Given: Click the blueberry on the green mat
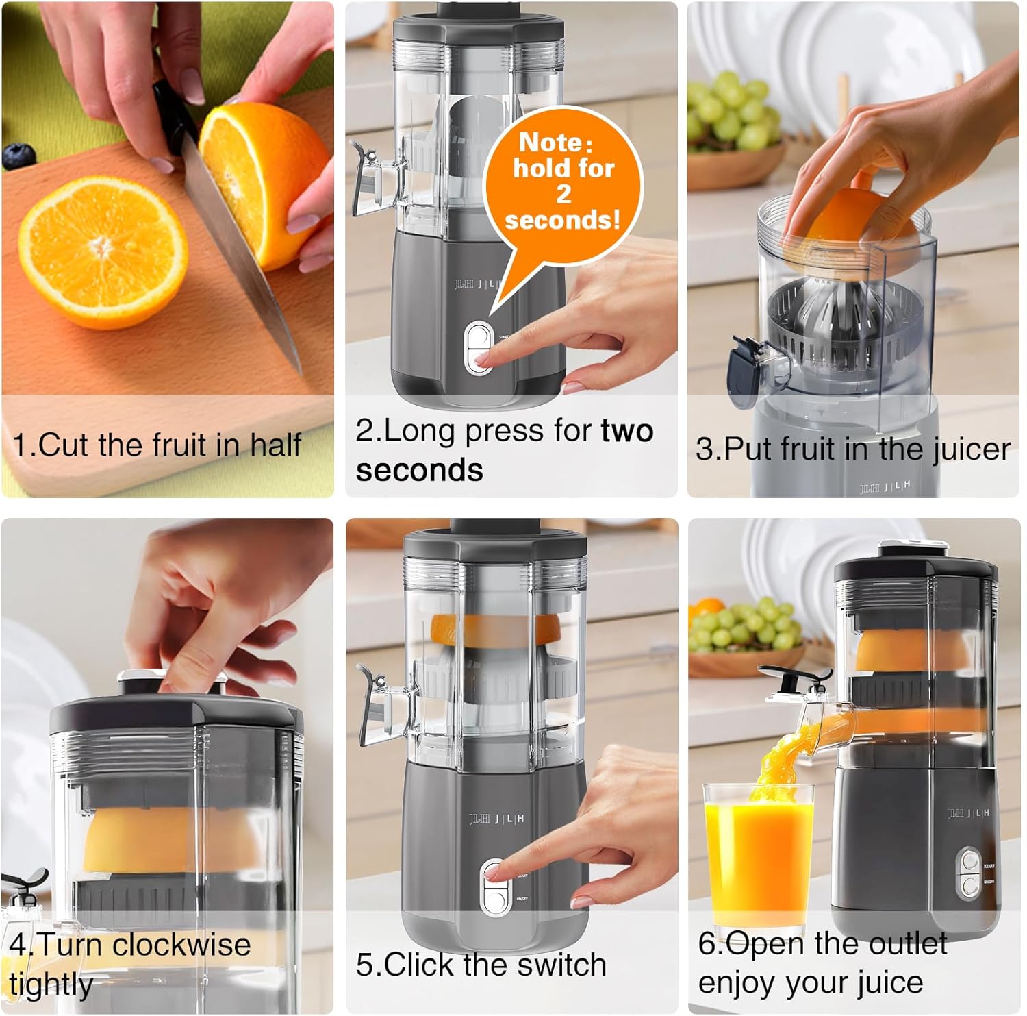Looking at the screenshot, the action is (19, 156).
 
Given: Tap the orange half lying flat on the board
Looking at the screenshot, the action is (103, 252).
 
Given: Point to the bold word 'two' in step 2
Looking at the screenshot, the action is (626, 431).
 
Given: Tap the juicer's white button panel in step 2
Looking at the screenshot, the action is (479, 348).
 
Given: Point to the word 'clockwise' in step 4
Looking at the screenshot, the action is (181, 945).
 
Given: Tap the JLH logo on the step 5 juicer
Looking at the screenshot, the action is (496, 819).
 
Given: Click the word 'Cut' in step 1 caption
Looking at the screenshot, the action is (64, 445).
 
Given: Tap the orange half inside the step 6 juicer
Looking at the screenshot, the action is (913, 651).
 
